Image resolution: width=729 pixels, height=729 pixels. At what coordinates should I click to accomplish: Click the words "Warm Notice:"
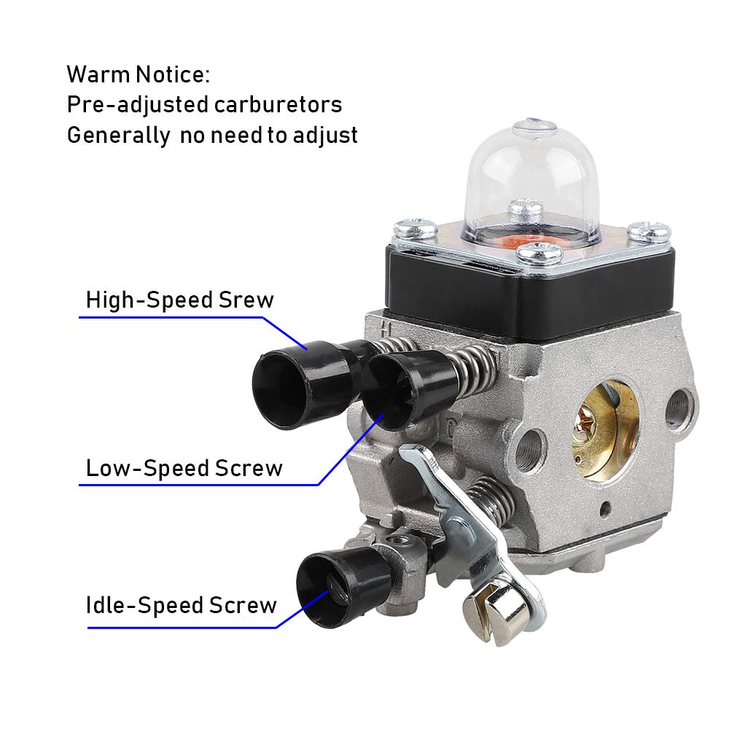pyautogui.click(x=138, y=74)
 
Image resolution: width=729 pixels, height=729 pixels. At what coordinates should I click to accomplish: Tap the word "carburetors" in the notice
pyautogui.click(x=278, y=104)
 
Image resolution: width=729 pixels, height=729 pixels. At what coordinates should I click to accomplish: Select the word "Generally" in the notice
pyautogui.click(x=119, y=136)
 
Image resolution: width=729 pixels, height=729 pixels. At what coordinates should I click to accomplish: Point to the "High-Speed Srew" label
pyautogui.click(x=180, y=300)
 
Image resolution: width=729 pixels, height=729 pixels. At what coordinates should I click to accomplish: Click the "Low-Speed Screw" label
pyautogui.click(x=184, y=468)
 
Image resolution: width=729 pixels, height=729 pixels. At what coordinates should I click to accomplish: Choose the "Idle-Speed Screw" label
pyautogui.click(x=182, y=605)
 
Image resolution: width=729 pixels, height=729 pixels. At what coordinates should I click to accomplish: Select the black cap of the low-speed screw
pyautogui.click(x=407, y=389)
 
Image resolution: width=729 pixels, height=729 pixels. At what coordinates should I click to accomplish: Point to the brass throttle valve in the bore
pyautogui.click(x=604, y=431)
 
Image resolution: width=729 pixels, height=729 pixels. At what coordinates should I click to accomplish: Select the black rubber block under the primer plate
pyautogui.click(x=530, y=288)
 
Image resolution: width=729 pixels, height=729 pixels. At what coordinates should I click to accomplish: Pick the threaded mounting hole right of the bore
pyautogui.click(x=678, y=408)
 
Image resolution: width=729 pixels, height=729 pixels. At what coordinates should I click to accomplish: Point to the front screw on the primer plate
pyautogui.click(x=539, y=254)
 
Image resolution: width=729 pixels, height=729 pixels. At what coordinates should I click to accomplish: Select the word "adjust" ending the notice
pyautogui.click(x=325, y=136)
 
